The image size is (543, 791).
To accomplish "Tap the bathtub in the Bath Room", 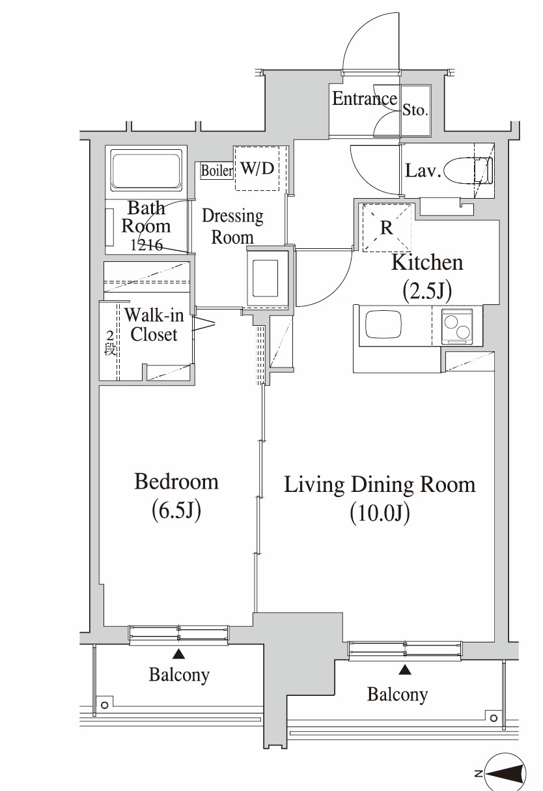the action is tap(146, 170).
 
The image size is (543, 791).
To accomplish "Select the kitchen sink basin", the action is tap(383, 324).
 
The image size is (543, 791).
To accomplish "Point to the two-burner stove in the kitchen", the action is tap(457, 326).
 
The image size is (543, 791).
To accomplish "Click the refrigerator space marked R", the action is tap(387, 227).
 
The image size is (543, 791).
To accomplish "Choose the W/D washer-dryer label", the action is tap(257, 169).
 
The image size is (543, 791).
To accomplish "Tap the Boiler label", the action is tap(217, 171).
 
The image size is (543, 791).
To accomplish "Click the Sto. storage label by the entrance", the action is tap(415, 111).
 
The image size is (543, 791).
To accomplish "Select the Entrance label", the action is tap(365, 98).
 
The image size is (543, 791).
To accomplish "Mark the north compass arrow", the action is tap(506, 773).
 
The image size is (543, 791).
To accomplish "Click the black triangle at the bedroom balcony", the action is tap(179, 654).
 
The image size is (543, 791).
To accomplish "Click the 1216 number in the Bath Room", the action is tap(146, 244).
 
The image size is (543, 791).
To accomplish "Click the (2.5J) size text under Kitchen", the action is tap(427, 291).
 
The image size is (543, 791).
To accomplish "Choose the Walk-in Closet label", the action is tap(154, 325).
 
